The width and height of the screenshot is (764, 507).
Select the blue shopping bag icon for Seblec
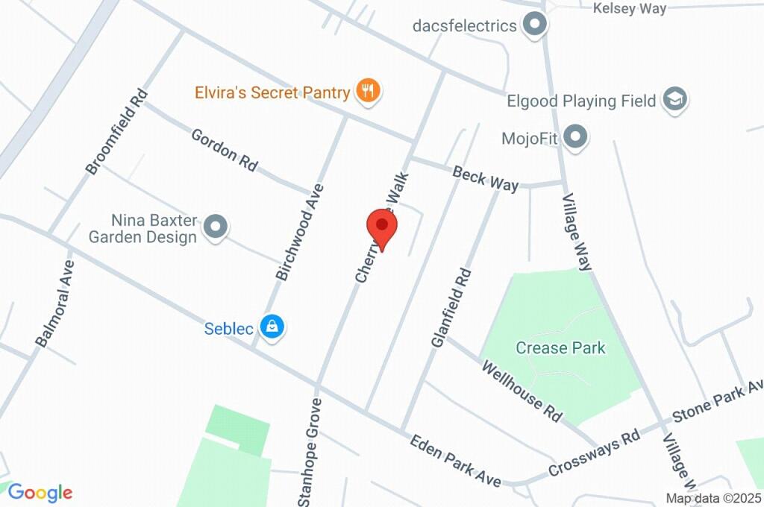pos(273,327)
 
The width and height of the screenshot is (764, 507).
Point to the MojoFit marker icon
pos(575,138)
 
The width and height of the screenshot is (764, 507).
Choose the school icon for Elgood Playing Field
pos(675,100)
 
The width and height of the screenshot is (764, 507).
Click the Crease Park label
pos(560,347)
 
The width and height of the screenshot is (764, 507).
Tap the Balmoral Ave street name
pos(55,303)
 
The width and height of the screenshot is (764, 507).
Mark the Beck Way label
pos(485,180)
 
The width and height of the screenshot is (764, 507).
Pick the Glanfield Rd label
pos(451,307)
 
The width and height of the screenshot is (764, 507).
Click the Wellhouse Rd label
pos(522,391)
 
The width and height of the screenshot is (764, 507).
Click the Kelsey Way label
pos(629,8)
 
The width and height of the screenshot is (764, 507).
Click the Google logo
pos(40,492)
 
